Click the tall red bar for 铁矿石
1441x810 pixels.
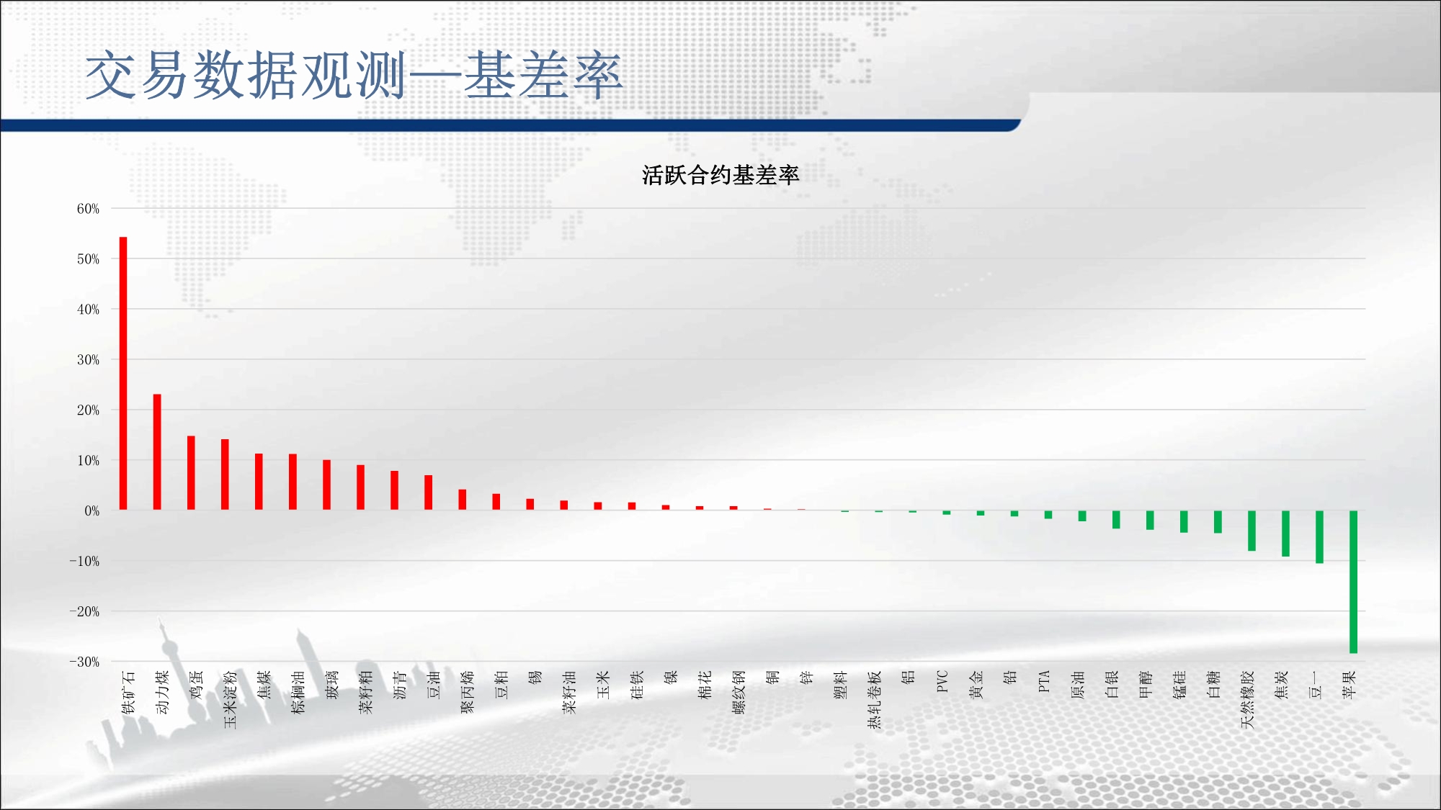(x=123, y=373)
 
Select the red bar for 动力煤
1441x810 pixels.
(x=157, y=452)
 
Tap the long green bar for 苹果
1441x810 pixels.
(x=1353, y=582)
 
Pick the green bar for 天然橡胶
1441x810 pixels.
(x=1252, y=531)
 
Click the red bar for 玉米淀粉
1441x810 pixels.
(x=225, y=474)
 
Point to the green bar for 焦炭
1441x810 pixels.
(x=1285, y=534)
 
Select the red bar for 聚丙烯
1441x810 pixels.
(x=463, y=500)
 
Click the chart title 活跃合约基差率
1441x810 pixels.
(x=720, y=175)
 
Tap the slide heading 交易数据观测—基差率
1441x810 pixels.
(x=353, y=75)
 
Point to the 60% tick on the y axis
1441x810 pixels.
(x=88, y=209)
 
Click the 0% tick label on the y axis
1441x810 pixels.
(x=92, y=510)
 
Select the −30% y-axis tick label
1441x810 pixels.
(x=84, y=662)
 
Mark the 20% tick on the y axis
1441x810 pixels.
(x=88, y=410)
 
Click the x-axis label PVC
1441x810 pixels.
(x=942, y=681)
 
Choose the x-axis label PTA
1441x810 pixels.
(x=1044, y=681)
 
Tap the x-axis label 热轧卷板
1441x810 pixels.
(x=875, y=700)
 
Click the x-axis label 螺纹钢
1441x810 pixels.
(x=739, y=692)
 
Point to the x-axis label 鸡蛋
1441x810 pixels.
(x=196, y=685)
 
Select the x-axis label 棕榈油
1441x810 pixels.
(x=298, y=692)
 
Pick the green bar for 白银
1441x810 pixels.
(x=1116, y=519)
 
